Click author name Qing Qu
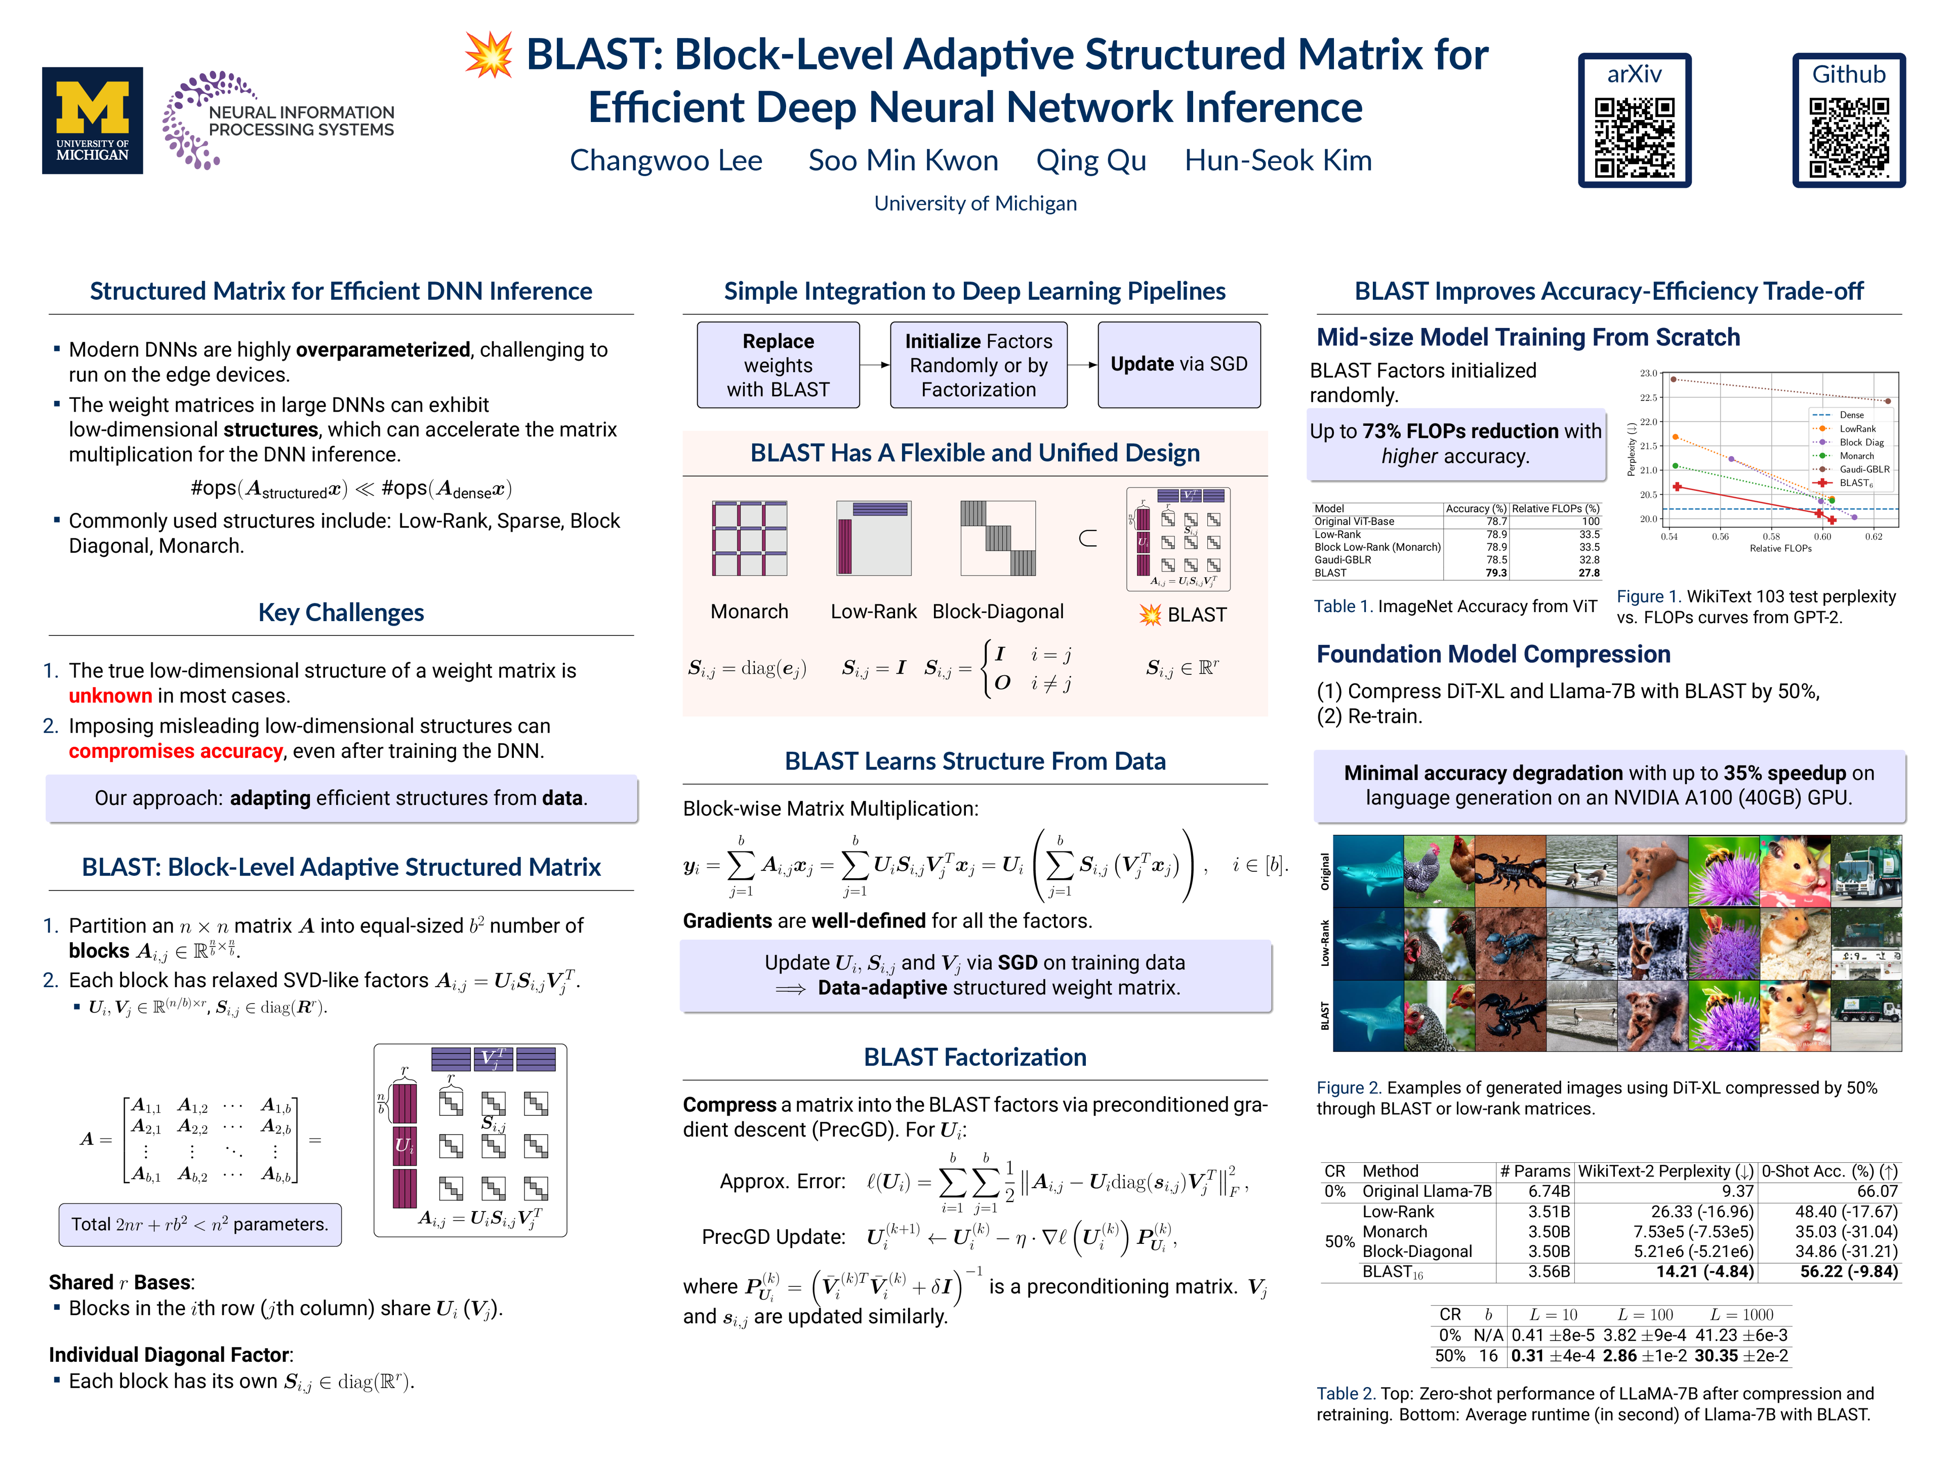tap(1091, 160)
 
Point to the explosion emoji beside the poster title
tap(489, 55)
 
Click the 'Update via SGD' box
tap(1178, 364)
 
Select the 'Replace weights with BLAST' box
tap(778, 364)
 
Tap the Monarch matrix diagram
tap(750, 538)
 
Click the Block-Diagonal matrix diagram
tap(998, 538)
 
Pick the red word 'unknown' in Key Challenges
tap(110, 696)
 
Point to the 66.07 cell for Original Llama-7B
tap(1877, 1192)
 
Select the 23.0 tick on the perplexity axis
tap(1648, 373)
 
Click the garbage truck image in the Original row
tap(1866, 871)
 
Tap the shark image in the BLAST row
tap(1368, 1016)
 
